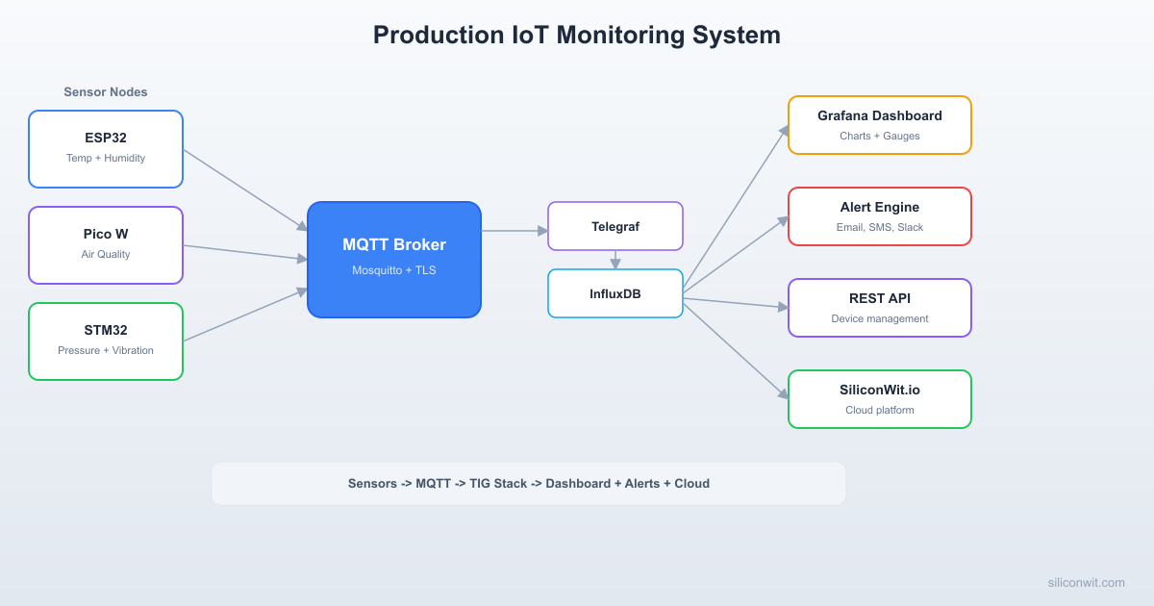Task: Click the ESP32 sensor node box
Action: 106,149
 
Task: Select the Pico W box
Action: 106,245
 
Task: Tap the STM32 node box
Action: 106,341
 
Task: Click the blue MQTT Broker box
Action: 394,260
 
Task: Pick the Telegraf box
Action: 615,226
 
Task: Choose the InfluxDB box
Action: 615,293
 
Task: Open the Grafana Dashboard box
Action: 880,125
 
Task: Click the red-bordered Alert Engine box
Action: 880,216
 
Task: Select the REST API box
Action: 880,308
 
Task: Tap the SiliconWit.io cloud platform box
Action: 880,399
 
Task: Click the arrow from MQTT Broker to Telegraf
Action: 514,231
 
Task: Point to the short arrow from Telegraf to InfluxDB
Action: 615,260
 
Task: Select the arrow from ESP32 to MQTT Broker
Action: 245,189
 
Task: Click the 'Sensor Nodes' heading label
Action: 106,92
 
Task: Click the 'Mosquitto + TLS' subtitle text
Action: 394,270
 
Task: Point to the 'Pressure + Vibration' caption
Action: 106,350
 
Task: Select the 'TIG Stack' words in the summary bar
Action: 498,483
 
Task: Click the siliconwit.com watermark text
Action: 1086,582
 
